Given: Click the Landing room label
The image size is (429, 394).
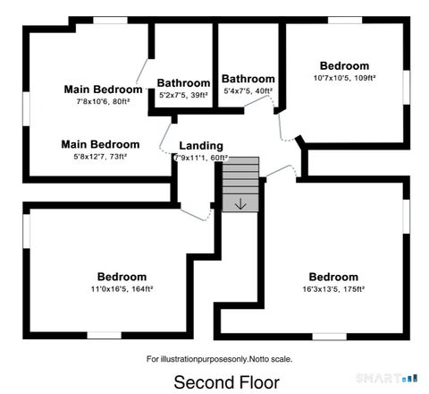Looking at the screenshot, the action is pos(201,146).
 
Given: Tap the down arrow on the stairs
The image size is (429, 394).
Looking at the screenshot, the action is pos(240,204).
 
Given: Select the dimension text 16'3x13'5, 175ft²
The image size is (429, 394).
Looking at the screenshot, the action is pos(333,289).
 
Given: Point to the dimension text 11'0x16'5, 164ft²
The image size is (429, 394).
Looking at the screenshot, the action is pos(122,289).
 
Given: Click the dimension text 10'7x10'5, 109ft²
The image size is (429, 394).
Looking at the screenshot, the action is pos(344,78).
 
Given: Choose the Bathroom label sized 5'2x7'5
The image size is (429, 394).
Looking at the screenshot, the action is pos(183,83).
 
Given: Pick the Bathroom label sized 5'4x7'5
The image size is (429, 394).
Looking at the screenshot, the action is pos(248,79).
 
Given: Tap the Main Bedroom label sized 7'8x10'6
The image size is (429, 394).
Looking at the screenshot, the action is pos(103,90).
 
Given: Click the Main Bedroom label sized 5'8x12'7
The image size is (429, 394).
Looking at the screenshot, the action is pos(100,144).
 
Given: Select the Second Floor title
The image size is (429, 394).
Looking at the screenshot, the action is pos(226,382).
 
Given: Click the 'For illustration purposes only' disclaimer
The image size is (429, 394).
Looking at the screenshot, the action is pos(219,359).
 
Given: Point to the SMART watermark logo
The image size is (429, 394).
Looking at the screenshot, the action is pos(387,378).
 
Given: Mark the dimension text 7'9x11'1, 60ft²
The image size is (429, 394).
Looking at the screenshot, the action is pos(201,158).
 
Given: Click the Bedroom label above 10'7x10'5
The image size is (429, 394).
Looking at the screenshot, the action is pos(344,65).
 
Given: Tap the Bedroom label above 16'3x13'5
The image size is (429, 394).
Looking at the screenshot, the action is pos(333,277).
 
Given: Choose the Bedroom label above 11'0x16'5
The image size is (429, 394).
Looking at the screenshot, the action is pos(122,277).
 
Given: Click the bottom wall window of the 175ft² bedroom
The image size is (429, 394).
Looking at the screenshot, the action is pos(329,337).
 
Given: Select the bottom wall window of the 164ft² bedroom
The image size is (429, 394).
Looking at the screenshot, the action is pos(104,335).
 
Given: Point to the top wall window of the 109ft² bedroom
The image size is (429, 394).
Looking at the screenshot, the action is pos(345,21).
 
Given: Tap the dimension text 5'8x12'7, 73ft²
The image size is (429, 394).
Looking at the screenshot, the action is pos(100,157).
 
